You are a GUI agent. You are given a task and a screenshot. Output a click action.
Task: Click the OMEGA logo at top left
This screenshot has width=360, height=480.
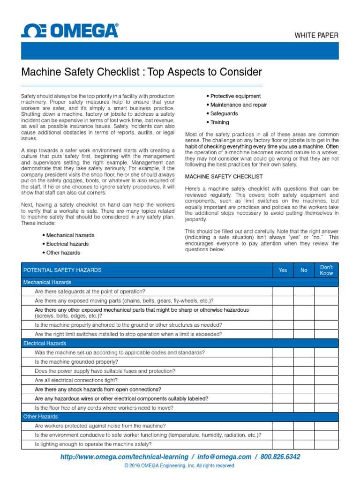pos(69,31)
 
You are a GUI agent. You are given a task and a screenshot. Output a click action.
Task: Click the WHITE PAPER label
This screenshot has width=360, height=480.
pos(316,35)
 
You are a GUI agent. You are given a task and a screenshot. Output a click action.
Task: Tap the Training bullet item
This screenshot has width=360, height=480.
pos(217,122)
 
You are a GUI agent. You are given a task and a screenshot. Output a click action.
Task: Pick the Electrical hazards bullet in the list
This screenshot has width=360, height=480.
pos(67,244)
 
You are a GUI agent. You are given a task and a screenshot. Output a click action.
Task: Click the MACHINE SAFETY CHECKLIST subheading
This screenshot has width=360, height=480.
pos(224,177)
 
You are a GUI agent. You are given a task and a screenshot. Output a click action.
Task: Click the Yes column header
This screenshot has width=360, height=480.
pos(283,270)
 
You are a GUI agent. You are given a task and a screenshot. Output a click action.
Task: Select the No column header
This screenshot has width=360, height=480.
pos(304,270)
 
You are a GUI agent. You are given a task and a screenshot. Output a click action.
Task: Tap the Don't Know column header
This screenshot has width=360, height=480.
pos(326,270)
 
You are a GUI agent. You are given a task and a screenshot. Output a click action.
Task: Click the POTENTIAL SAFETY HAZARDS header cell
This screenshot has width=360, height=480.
pos(62,270)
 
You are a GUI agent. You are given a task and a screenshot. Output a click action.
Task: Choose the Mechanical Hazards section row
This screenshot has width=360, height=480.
pos(47,282)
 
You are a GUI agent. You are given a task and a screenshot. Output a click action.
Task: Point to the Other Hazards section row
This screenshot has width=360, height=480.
pos(41,416)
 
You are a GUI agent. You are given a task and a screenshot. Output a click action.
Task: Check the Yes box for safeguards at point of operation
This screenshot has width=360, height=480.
pos(283,292)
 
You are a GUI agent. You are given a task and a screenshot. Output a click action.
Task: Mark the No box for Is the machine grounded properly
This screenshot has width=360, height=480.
pos(304,361)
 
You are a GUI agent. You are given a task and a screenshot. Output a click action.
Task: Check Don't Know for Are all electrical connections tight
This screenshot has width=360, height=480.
pos(326,380)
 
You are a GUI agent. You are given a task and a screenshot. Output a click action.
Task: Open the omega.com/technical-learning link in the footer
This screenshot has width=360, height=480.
pos(124,457)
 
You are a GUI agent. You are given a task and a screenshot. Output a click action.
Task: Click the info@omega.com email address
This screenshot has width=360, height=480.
pos(224,457)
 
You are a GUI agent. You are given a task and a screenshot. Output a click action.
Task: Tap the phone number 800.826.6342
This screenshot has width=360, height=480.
pos(280,457)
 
